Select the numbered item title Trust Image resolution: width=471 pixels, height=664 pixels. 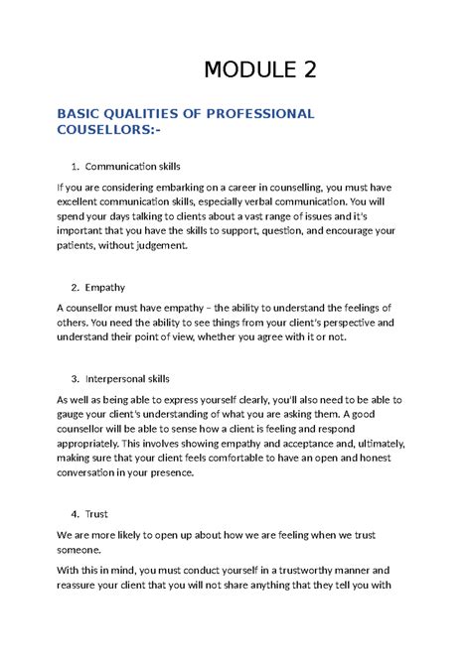[x=98, y=514]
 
